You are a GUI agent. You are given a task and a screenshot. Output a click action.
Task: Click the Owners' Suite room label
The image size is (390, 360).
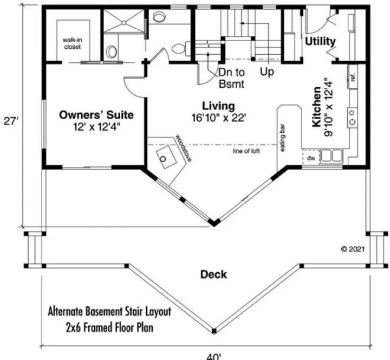(x=96, y=115)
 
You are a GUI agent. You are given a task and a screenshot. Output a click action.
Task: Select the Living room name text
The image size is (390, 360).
(x=219, y=106)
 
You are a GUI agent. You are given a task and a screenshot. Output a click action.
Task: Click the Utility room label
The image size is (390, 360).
(x=320, y=42)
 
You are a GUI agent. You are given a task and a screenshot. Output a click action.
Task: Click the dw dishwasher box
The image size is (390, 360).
(x=311, y=158)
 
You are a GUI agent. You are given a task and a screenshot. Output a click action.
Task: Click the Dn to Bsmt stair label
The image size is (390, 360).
(x=232, y=78)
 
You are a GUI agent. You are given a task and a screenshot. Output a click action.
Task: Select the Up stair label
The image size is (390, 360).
(x=266, y=72)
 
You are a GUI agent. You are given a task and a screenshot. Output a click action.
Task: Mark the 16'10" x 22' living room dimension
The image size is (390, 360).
(x=219, y=118)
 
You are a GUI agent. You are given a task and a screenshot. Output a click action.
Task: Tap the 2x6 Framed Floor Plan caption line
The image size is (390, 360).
(x=110, y=328)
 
